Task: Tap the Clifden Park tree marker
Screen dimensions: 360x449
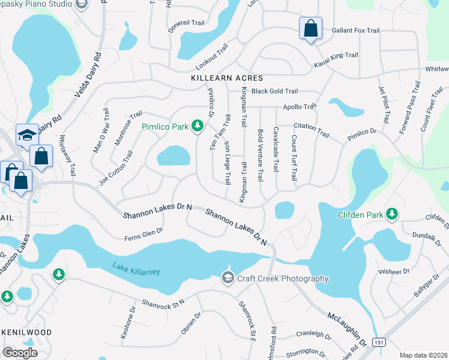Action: click(x=392, y=214)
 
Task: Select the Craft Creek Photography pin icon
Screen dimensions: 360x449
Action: click(x=228, y=277)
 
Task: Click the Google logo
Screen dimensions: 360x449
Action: click(x=20, y=353)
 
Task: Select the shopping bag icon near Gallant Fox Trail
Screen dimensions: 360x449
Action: click(x=310, y=28)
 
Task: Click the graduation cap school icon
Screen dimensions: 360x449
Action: click(x=25, y=135)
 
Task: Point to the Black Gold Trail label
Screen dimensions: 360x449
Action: click(x=274, y=91)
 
